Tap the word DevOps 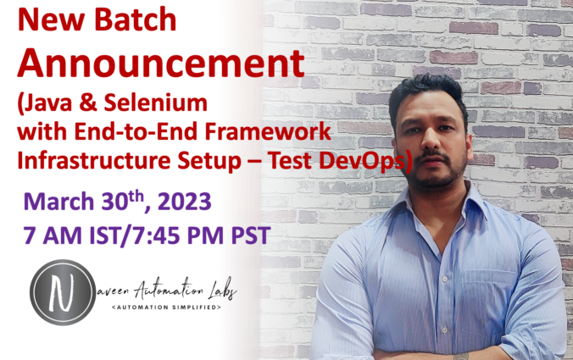pos(367,160)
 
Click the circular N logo pos(62,291)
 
